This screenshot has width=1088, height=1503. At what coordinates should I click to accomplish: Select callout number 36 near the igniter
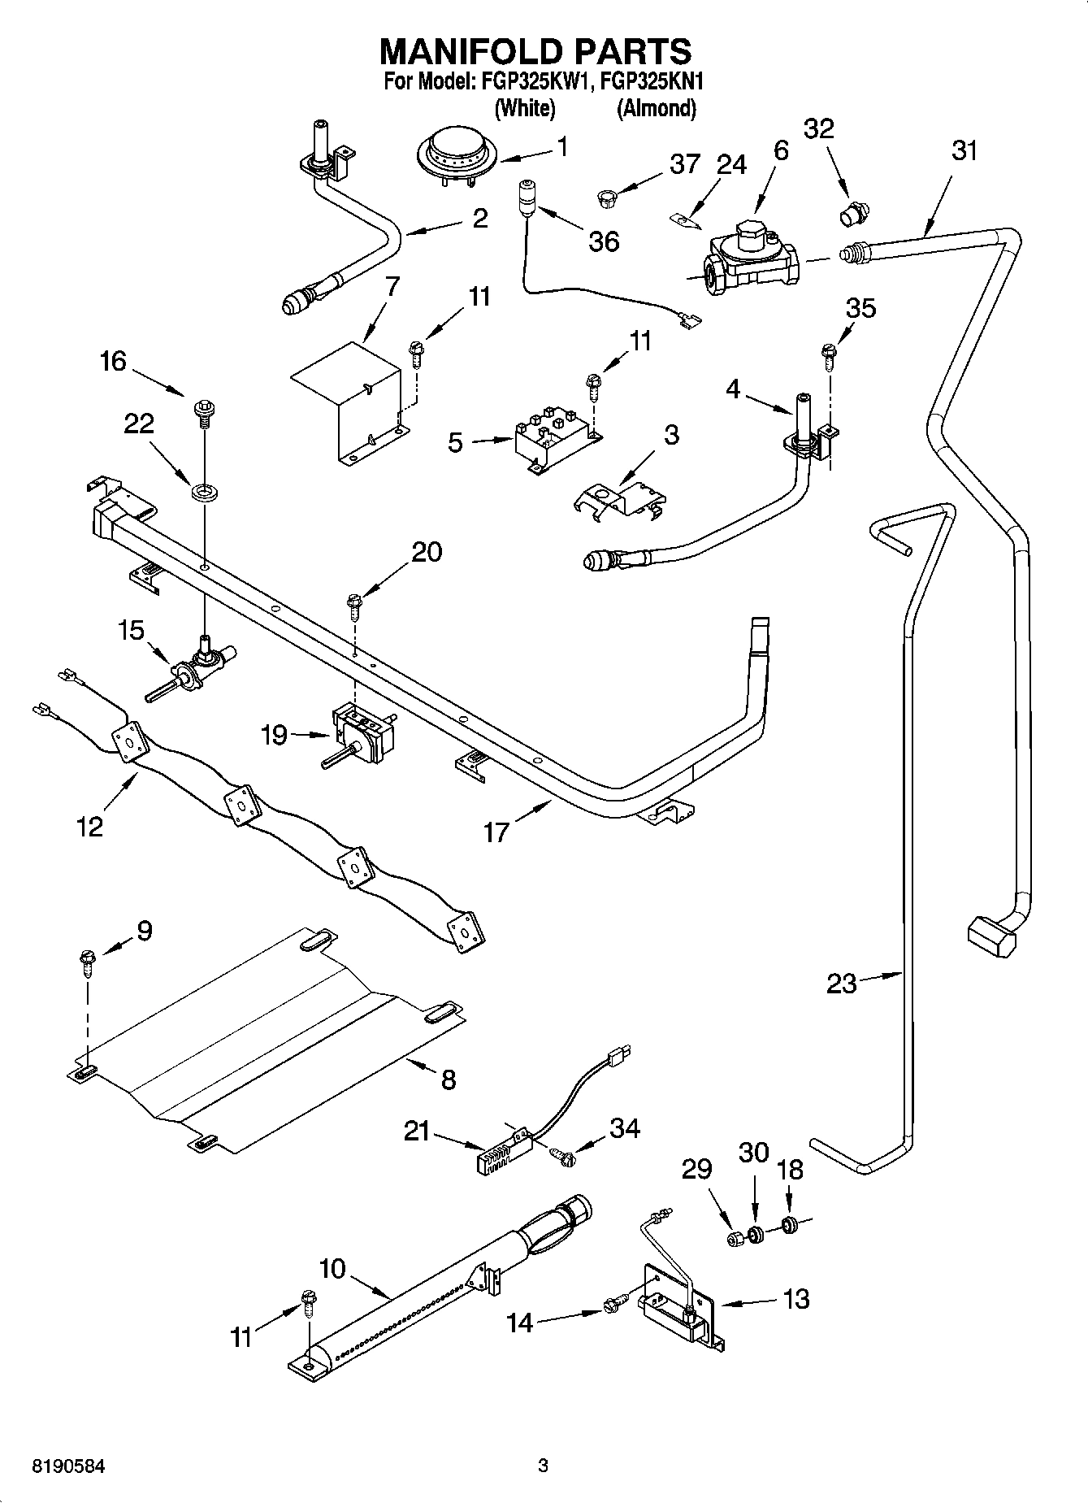tap(605, 241)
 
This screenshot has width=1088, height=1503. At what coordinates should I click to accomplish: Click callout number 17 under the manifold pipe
tap(496, 831)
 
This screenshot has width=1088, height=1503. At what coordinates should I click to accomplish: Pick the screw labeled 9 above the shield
tap(87, 963)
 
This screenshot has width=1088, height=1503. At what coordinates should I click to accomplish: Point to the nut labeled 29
tap(735, 1239)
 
